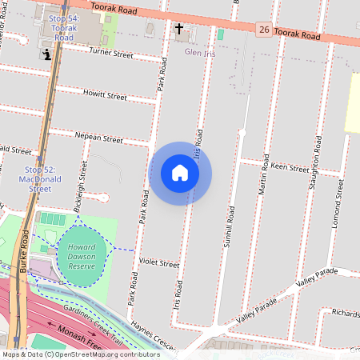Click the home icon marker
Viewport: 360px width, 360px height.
tap(180, 173)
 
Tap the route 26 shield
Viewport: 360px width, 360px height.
tap(263, 30)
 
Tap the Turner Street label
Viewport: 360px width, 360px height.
tap(110, 54)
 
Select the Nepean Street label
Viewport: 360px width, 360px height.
tap(99, 138)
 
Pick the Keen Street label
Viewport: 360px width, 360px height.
tap(290, 168)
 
